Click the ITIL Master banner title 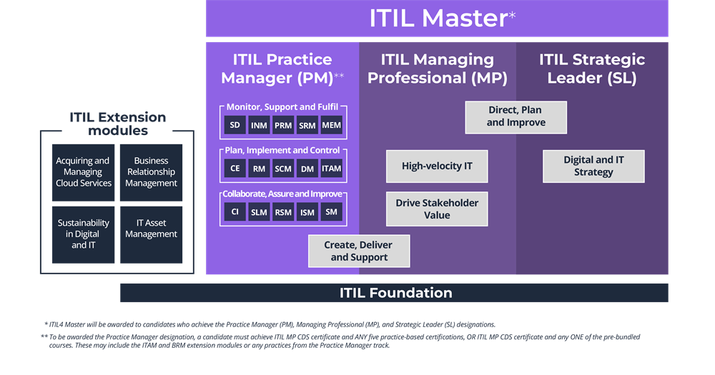pos(437,19)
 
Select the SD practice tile pos(235,126)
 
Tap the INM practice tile pos(260,126)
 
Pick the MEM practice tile pos(331,126)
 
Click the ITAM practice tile pos(331,169)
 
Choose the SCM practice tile pos(283,169)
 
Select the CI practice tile pos(235,211)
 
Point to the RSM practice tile pos(283,211)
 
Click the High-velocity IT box pos(437,166)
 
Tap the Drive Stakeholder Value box pos(437,209)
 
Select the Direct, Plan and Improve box pos(516,117)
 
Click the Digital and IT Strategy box pos(593,166)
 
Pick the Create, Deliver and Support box pos(359,251)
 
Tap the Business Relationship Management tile pos(151,172)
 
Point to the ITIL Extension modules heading pos(117,124)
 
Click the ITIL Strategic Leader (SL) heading pos(592,69)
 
